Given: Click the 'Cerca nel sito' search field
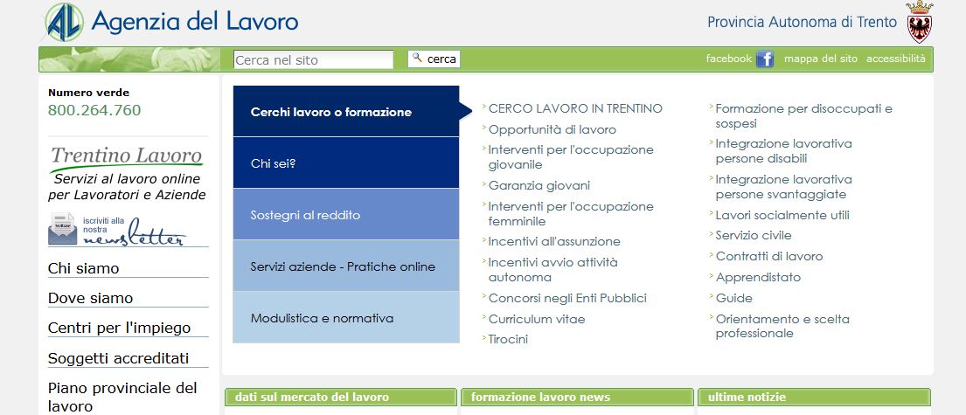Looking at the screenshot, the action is [313, 59].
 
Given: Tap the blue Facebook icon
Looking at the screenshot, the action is [765, 59].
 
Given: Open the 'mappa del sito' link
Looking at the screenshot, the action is [821, 59].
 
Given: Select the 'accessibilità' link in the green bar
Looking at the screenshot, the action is [896, 59].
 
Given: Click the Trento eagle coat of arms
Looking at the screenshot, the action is [919, 22].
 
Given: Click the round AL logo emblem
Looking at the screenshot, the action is [64, 22].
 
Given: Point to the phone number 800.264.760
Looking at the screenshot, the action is [94, 110].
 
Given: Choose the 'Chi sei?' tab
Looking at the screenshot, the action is [346, 163].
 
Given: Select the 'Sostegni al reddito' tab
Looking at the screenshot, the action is [346, 215].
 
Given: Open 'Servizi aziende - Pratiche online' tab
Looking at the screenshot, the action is [346, 266].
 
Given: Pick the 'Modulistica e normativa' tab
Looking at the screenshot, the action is [346, 318].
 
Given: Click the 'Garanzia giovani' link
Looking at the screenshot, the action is [539, 185].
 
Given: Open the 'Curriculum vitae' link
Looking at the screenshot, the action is [537, 319].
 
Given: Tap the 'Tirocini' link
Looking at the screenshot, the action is [508, 339].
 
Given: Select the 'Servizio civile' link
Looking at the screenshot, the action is [754, 235].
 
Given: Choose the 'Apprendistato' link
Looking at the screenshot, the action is [758, 277].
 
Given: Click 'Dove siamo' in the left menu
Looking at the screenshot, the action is [91, 298].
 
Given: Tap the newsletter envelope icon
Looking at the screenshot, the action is [62, 228].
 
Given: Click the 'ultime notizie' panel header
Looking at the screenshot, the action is [814, 398].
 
